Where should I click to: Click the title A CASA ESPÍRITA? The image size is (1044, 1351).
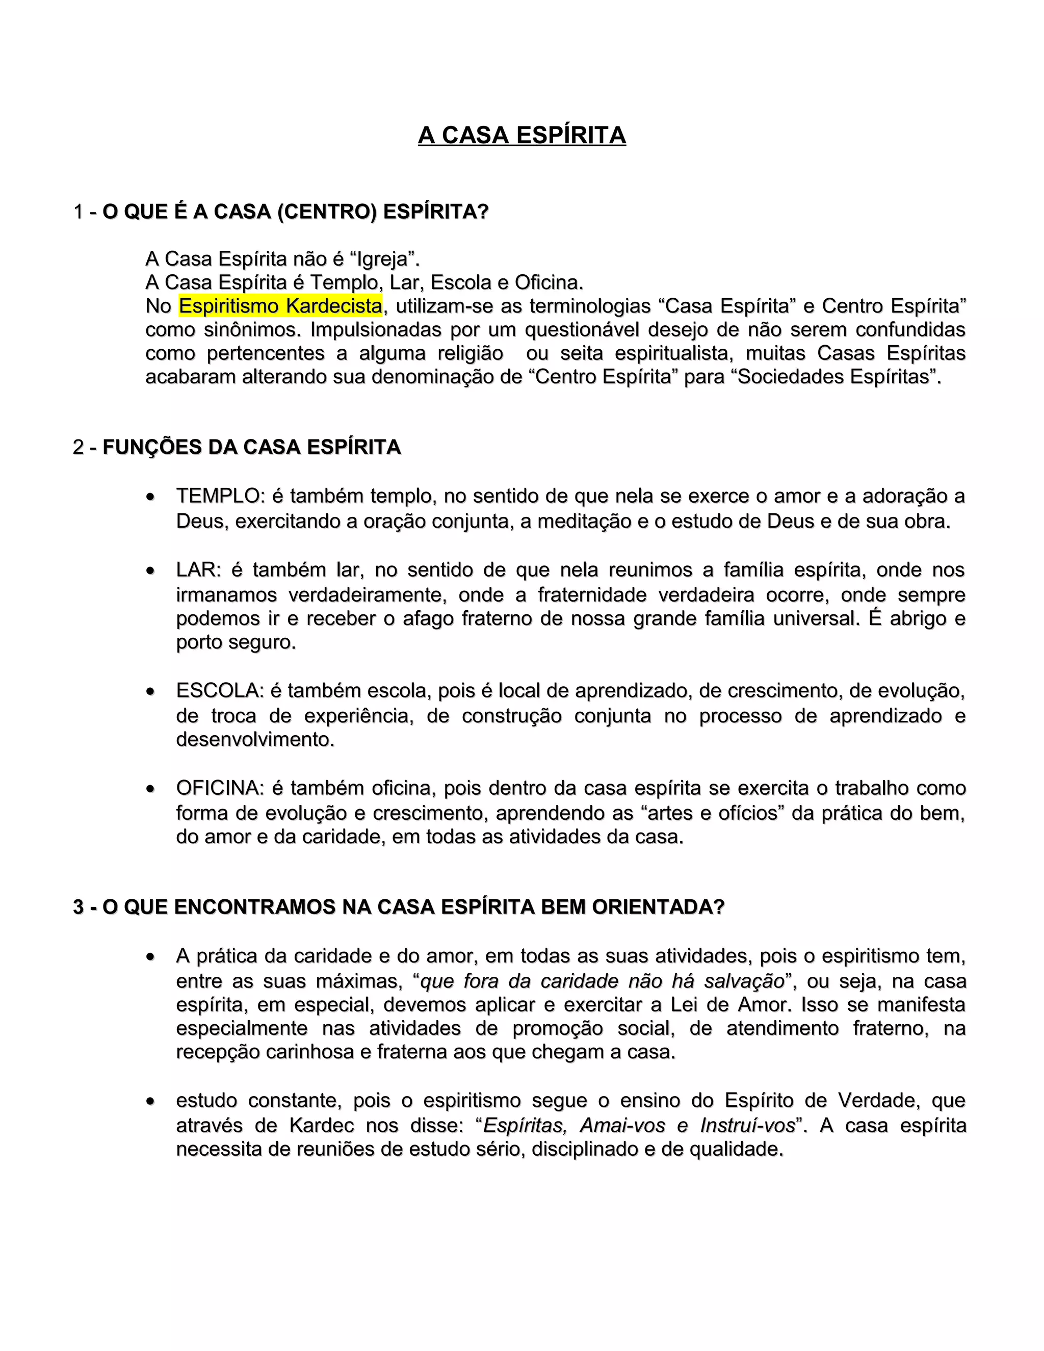(x=521, y=135)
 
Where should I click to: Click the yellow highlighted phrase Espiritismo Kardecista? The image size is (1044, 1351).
(x=280, y=305)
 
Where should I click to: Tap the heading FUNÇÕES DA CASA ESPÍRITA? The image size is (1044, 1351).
(x=251, y=447)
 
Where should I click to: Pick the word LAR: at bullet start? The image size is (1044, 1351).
(x=198, y=570)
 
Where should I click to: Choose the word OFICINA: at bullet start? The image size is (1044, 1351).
(x=220, y=788)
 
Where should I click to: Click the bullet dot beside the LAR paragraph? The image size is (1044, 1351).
(x=150, y=570)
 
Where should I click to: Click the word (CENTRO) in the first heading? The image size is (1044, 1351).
(x=327, y=212)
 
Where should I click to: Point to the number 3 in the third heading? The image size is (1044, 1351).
(x=79, y=907)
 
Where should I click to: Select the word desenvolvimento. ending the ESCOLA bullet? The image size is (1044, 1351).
(x=255, y=739)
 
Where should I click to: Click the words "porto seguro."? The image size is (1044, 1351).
(x=236, y=642)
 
